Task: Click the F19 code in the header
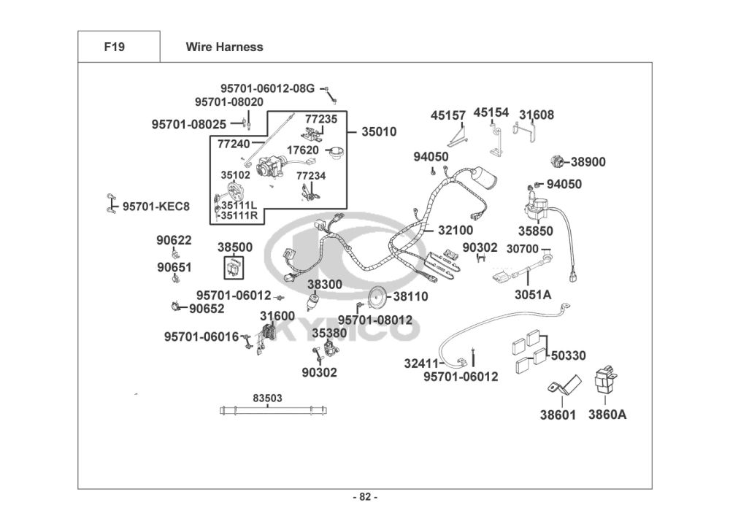click(x=115, y=47)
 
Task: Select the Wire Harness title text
click(x=224, y=47)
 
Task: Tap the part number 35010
click(x=379, y=132)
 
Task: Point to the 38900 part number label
click(x=588, y=162)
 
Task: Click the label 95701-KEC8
click(x=155, y=207)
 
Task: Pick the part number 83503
click(x=267, y=398)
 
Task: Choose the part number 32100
click(x=456, y=230)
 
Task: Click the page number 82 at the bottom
click(x=365, y=498)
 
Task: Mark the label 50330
click(x=568, y=355)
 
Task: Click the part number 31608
click(x=537, y=115)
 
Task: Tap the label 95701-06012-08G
click(x=267, y=88)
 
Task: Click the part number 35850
click(x=536, y=231)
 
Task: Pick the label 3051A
click(x=533, y=295)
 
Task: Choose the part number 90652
click(x=207, y=309)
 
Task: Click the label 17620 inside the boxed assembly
click(x=303, y=150)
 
